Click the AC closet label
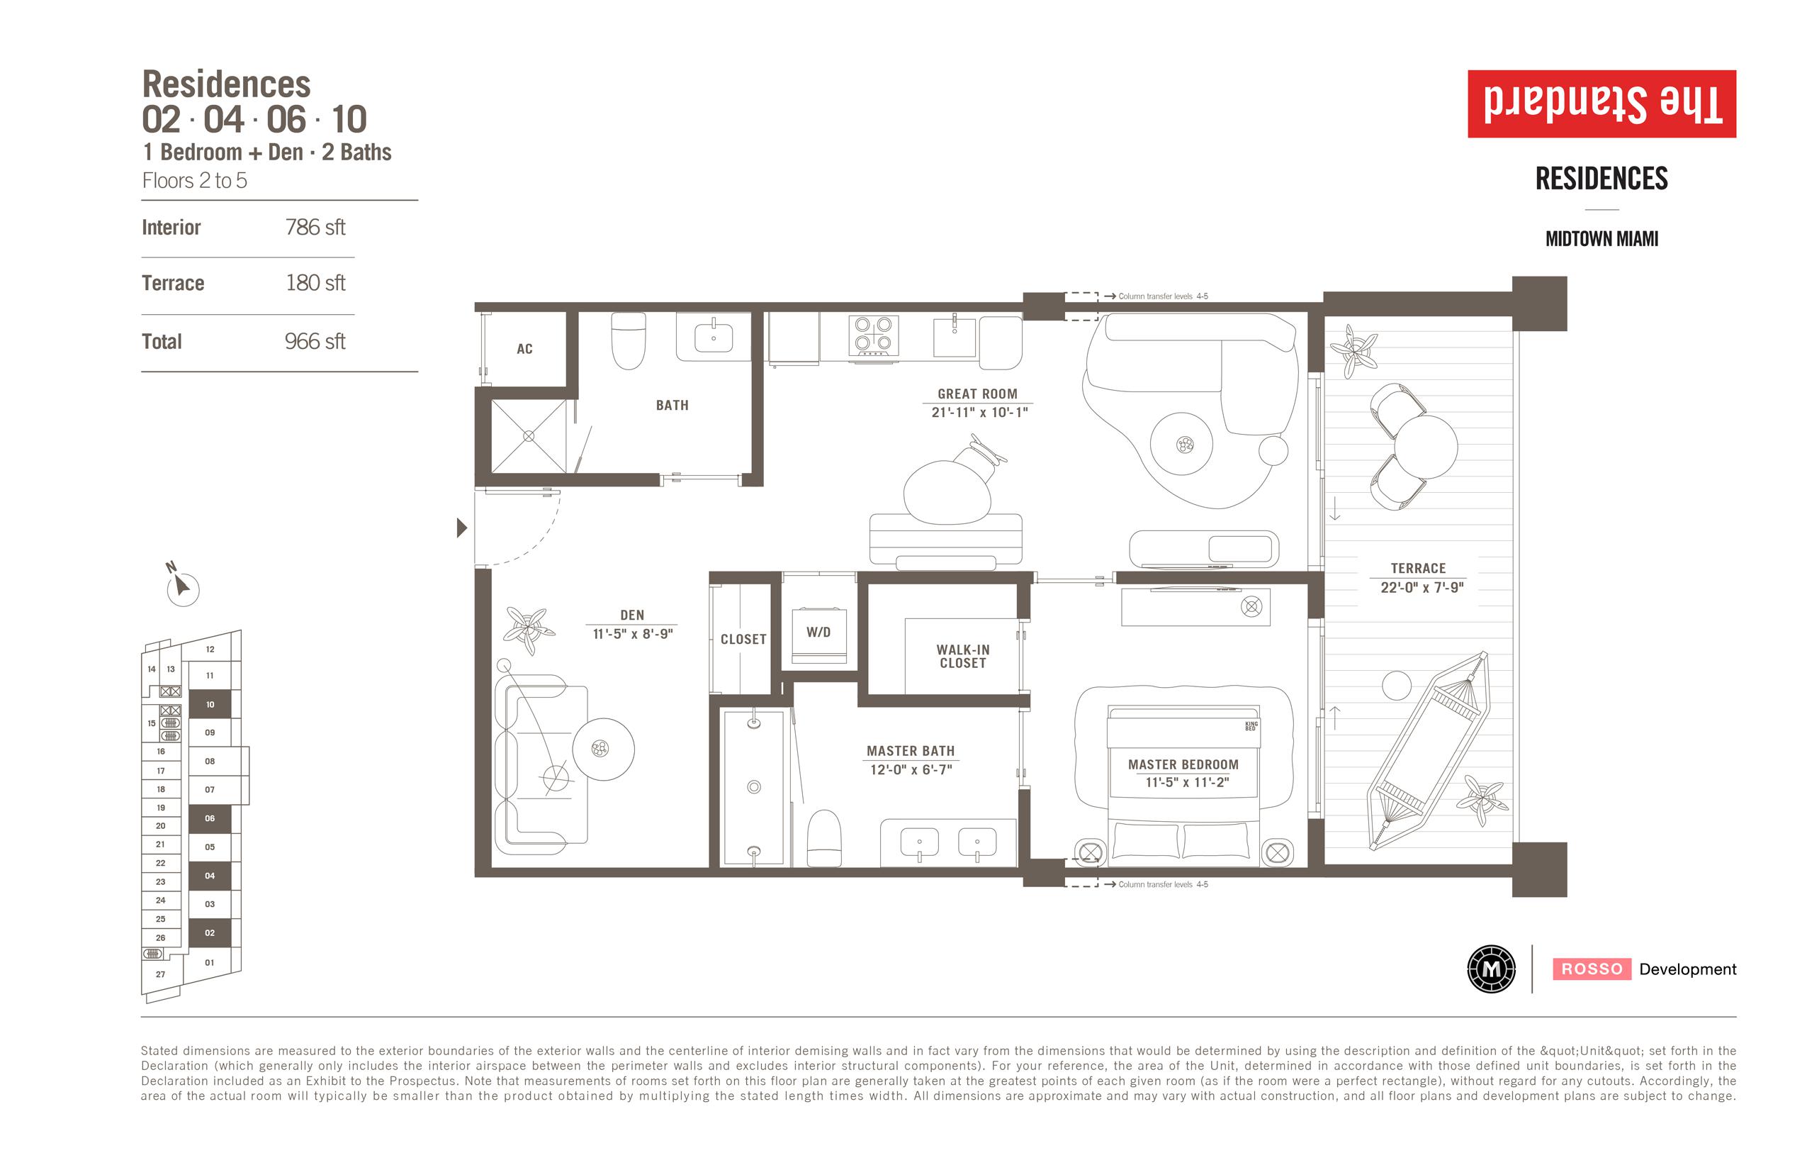point(524,349)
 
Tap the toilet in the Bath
point(629,340)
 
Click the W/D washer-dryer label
point(818,632)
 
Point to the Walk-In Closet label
point(963,657)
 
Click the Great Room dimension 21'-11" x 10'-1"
point(979,413)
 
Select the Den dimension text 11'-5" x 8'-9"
point(632,634)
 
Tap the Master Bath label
point(911,751)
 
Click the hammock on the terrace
point(1428,751)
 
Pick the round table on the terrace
point(1426,447)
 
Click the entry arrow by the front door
point(461,528)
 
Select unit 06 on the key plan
point(210,818)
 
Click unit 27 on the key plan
point(160,974)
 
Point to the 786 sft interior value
point(315,227)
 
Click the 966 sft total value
point(315,341)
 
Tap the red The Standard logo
point(1601,104)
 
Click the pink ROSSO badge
point(1592,969)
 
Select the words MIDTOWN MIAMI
point(1601,238)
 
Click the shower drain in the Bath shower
point(529,436)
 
